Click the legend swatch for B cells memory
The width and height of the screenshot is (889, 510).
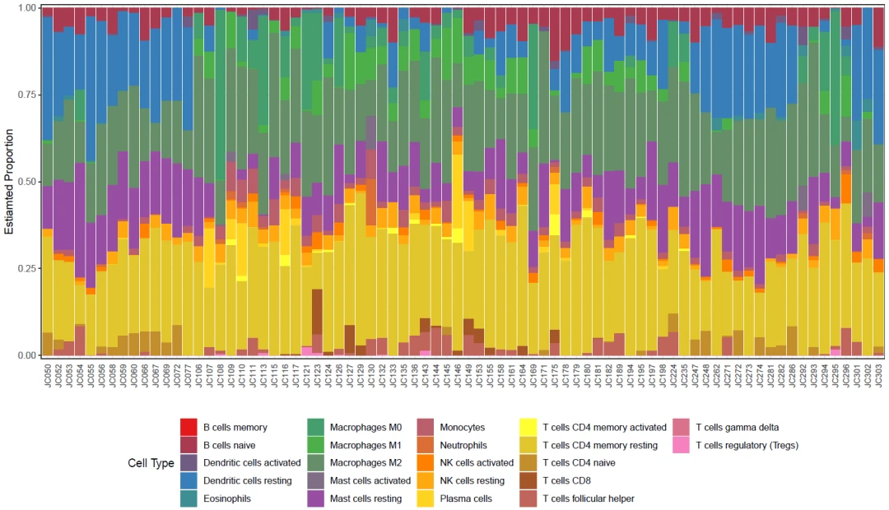[189, 427]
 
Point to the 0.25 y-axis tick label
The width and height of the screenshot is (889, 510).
[26, 269]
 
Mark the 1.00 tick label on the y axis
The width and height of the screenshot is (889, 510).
[26, 7]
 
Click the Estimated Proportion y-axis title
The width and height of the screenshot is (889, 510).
[9, 181]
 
